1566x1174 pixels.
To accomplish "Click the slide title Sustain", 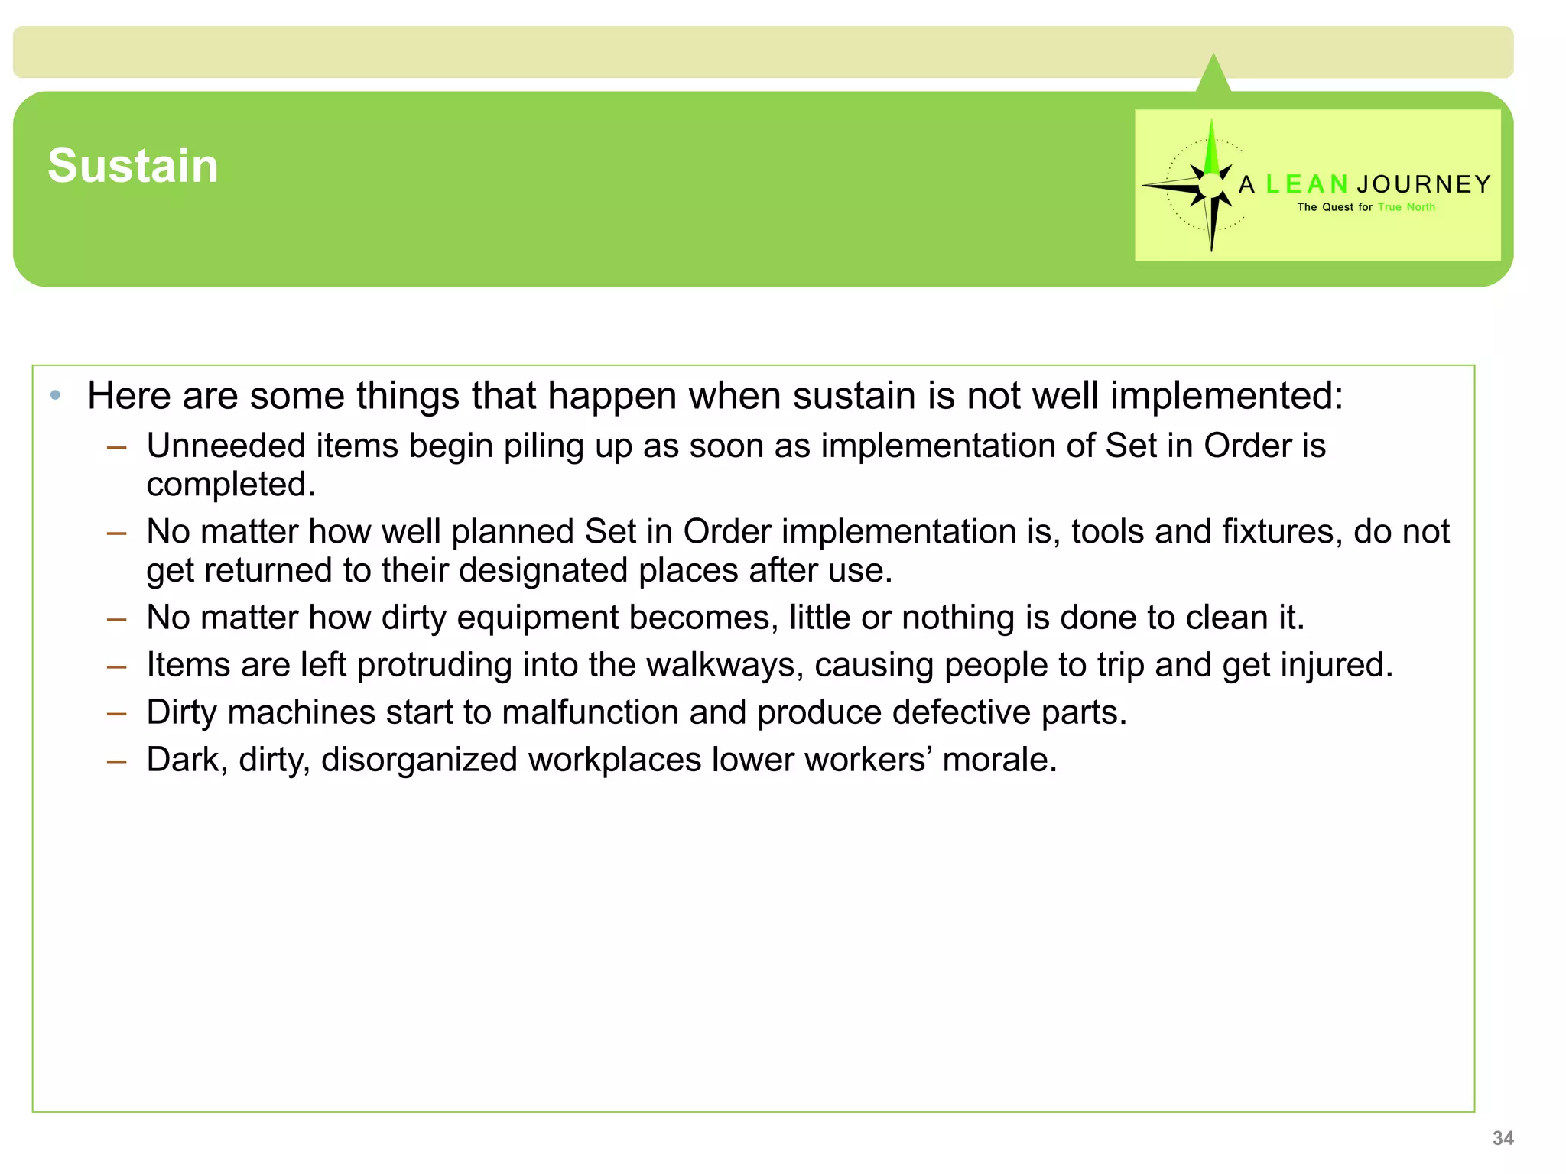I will [133, 166].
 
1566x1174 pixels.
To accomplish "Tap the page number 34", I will [1503, 1138].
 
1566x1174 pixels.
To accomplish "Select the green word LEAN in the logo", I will [1307, 184].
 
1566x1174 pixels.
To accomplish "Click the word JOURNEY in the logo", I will [1424, 184].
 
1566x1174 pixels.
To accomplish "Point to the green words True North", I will [1406, 207].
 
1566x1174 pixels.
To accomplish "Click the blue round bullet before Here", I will [55, 395].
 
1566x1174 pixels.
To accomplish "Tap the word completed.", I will [231, 485].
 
